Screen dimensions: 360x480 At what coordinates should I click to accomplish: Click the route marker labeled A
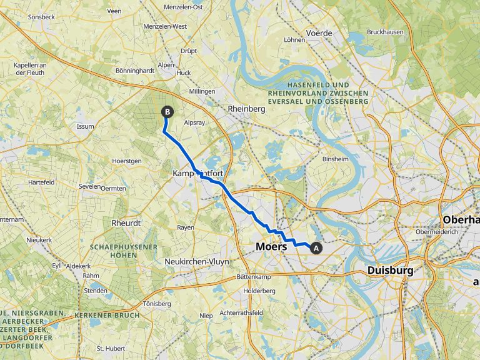(316, 248)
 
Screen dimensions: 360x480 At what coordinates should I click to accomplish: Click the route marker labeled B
(167, 112)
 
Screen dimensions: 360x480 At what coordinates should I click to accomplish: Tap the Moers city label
(271, 247)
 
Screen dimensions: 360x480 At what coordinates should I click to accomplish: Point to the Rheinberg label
(246, 108)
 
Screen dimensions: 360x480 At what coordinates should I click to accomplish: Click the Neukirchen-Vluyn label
(196, 262)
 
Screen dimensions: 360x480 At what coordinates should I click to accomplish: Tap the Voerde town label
(319, 32)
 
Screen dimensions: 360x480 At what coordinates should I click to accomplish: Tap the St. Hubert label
(107, 348)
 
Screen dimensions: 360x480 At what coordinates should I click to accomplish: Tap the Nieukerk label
(39, 239)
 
